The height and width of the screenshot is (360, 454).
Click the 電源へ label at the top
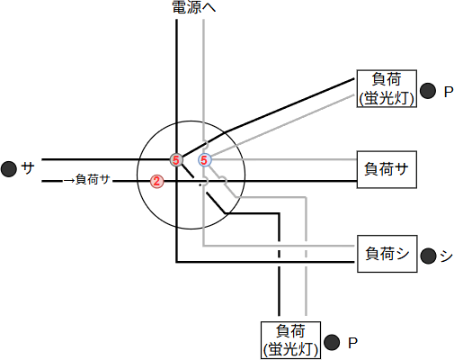coord(193,8)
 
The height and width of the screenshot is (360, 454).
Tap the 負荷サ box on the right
coord(387,168)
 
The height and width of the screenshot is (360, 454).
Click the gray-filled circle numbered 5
coord(176,160)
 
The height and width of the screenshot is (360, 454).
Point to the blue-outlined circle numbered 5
coord(205,160)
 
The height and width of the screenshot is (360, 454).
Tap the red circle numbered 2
coord(156,181)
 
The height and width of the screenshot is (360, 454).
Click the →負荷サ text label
coord(87,180)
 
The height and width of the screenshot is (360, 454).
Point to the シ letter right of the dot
coord(446,256)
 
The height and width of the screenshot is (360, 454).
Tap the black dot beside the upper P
coord(427,91)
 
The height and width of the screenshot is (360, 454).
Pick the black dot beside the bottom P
coord(332,342)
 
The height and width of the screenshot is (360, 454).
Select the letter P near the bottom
coord(352,342)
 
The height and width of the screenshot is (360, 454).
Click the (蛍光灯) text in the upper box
coord(386,98)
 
